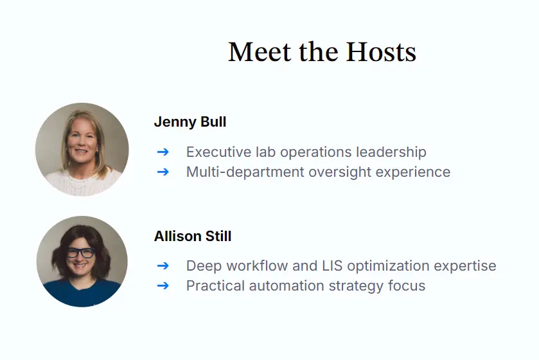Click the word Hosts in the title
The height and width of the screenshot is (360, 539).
(x=381, y=52)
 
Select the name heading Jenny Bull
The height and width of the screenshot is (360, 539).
(x=190, y=122)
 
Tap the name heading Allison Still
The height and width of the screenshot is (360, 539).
(x=193, y=237)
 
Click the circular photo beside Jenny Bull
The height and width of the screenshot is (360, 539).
(x=82, y=149)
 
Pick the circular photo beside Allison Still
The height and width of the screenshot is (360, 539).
(x=82, y=261)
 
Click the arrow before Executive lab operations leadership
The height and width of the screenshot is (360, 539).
(x=163, y=152)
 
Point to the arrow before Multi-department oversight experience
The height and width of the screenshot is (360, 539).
(x=163, y=172)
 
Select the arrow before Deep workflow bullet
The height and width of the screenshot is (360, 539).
(x=163, y=265)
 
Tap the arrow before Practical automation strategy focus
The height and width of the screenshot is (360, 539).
(x=163, y=285)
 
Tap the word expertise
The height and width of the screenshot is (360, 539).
(x=466, y=266)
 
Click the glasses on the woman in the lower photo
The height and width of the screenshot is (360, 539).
(x=81, y=253)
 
